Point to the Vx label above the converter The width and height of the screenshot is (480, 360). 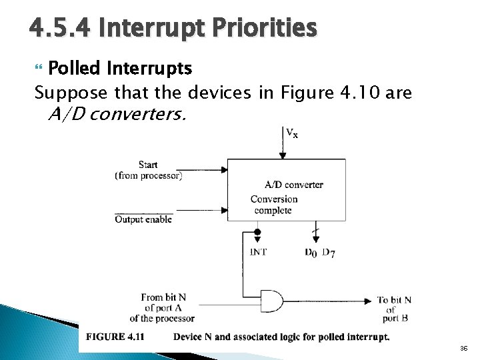(x=292, y=133)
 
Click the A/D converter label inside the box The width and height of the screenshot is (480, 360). (x=293, y=185)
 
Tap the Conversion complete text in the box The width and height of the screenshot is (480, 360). (x=273, y=205)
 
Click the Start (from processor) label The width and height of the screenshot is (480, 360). (x=148, y=170)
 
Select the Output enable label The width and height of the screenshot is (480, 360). (x=143, y=219)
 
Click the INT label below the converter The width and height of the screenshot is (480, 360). (x=258, y=252)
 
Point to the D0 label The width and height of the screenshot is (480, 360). (x=311, y=252)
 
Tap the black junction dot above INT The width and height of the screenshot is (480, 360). (x=258, y=232)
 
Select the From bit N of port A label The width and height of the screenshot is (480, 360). (x=163, y=307)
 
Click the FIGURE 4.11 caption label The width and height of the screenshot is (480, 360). (x=115, y=337)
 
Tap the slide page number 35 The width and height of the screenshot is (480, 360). (x=463, y=349)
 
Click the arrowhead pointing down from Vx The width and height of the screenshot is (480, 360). (x=283, y=155)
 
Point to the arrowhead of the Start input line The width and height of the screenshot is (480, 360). (x=224, y=170)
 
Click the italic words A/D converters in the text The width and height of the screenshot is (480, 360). (x=117, y=115)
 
